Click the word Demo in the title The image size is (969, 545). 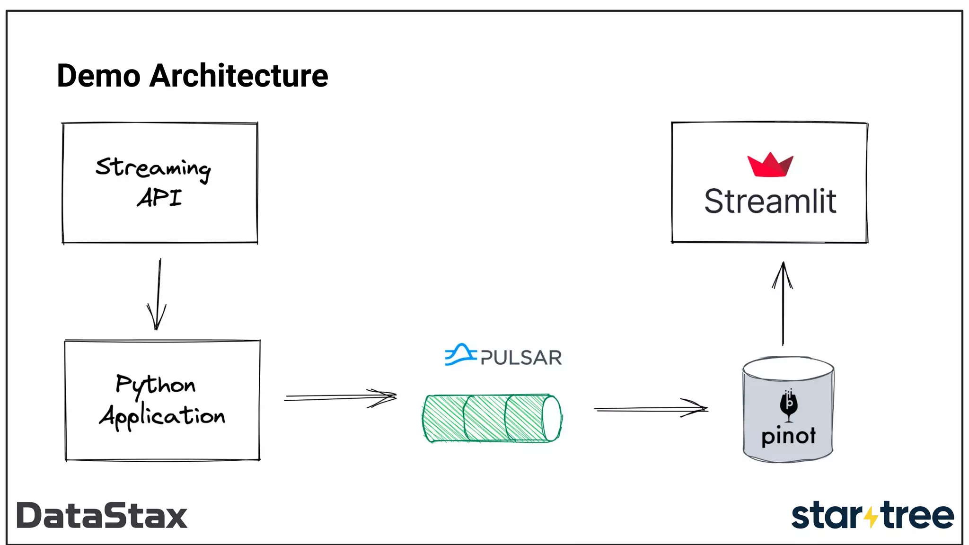[98, 76]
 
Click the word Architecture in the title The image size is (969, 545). [238, 76]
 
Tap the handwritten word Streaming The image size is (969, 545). [153, 168]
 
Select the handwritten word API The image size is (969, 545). [159, 198]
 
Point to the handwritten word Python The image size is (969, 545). [155, 385]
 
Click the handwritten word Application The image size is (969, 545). [162, 416]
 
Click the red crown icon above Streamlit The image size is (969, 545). [770, 166]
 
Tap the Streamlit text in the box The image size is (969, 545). [770, 202]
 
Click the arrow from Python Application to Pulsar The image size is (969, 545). [340, 397]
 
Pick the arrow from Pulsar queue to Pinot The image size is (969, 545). [651, 409]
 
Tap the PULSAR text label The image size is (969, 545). [521, 358]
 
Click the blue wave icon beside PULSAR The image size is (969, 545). [459, 355]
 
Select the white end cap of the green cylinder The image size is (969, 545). [551, 418]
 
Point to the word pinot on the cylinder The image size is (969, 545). [788, 436]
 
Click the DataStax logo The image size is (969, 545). [102, 516]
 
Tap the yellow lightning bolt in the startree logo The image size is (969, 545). [871, 517]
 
